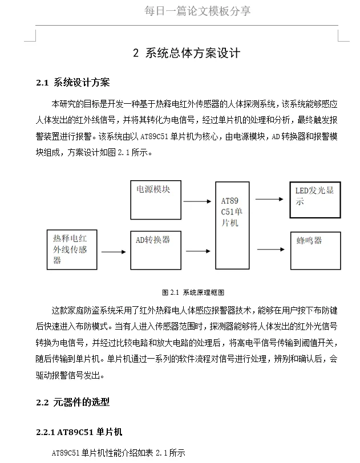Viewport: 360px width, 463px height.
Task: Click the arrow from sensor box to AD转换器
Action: click(x=113, y=251)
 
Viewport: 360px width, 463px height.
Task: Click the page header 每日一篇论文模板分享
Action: click(x=197, y=11)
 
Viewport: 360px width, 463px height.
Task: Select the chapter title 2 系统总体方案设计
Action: click(x=187, y=54)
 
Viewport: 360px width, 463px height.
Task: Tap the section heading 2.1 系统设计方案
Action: click(x=73, y=83)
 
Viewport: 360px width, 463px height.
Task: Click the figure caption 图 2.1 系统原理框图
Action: click(x=193, y=292)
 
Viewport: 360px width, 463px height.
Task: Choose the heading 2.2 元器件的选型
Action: click(x=72, y=402)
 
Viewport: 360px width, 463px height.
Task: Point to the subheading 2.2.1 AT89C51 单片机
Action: click(x=79, y=432)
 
